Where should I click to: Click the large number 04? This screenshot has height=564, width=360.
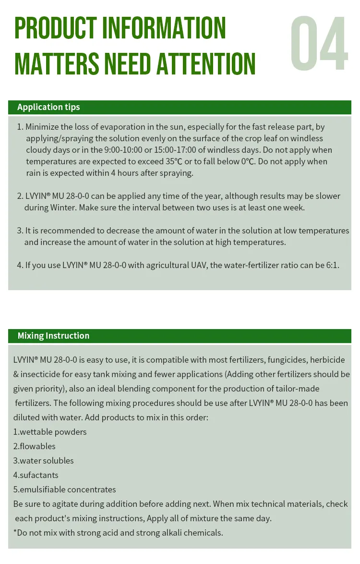[319, 44]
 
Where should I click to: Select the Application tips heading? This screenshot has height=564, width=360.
[48, 107]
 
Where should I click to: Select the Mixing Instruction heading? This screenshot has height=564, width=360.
[53, 336]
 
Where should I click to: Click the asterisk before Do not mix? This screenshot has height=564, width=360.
[15, 532]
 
